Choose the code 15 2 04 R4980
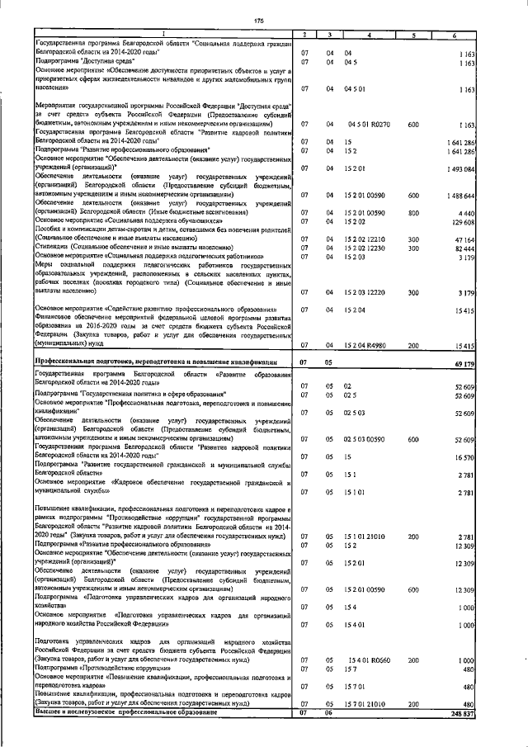coord(366,346)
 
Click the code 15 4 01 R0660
coord(367,662)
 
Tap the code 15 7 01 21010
coord(366,704)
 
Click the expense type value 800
coord(412,212)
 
